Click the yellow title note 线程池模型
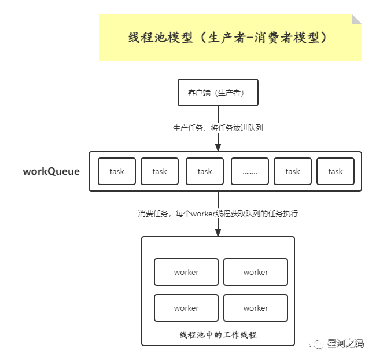coord(230,38)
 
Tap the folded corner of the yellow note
coord(357,19)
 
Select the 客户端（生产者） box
coord(218,93)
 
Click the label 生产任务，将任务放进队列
coord(218,128)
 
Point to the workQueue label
coord(51,171)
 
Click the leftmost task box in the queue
coord(117,171)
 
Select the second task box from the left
coord(160,171)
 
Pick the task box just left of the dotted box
coord(205,171)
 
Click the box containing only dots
coord(250,171)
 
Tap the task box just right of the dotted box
coord(293,171)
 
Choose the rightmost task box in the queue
coord(336,171)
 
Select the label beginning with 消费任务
coord(218,214)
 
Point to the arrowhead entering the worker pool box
coord(218,232)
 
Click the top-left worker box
coord(186,272)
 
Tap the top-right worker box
coord(256,272)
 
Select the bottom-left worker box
coord(186,308)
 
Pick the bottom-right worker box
coord(256,308)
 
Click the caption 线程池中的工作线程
coord(218,335)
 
